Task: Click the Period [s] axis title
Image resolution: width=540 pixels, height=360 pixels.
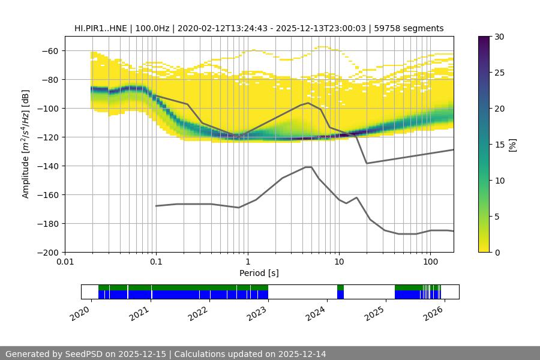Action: pyautogui.click(x=259, y=273)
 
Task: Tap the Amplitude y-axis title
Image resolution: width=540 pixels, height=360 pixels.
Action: pyautogui.click(x=26, y=144)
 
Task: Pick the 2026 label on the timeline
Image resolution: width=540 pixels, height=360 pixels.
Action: pyautogui.click(x=434, y=313)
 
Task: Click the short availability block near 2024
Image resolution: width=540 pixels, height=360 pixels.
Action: pyautogui.click(x=341, y=292)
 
